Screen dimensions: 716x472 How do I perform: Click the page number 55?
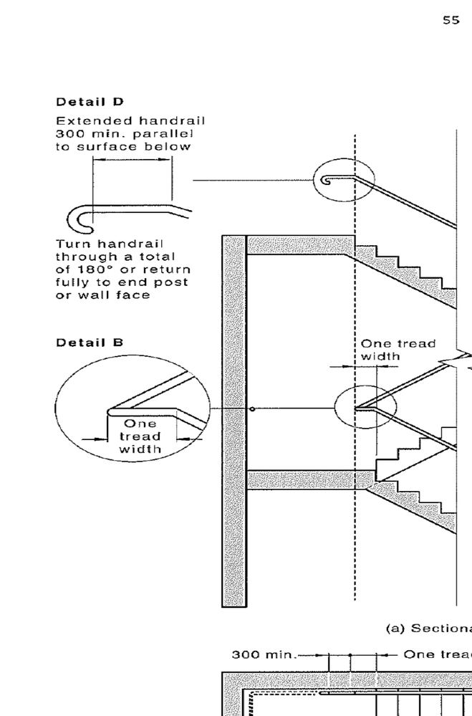(x=451, y=20)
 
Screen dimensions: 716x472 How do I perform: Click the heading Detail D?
(x=90, y=102)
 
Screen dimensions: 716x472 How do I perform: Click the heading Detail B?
(x=90, y=343)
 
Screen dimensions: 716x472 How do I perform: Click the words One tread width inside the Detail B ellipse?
(x=140, y=436)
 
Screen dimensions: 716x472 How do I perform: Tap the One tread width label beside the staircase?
(x=398, y=350)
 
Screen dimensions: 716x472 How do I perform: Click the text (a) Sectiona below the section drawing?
(x=428, y=629)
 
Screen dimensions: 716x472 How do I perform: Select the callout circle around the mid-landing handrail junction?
(x=356, y=409)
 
